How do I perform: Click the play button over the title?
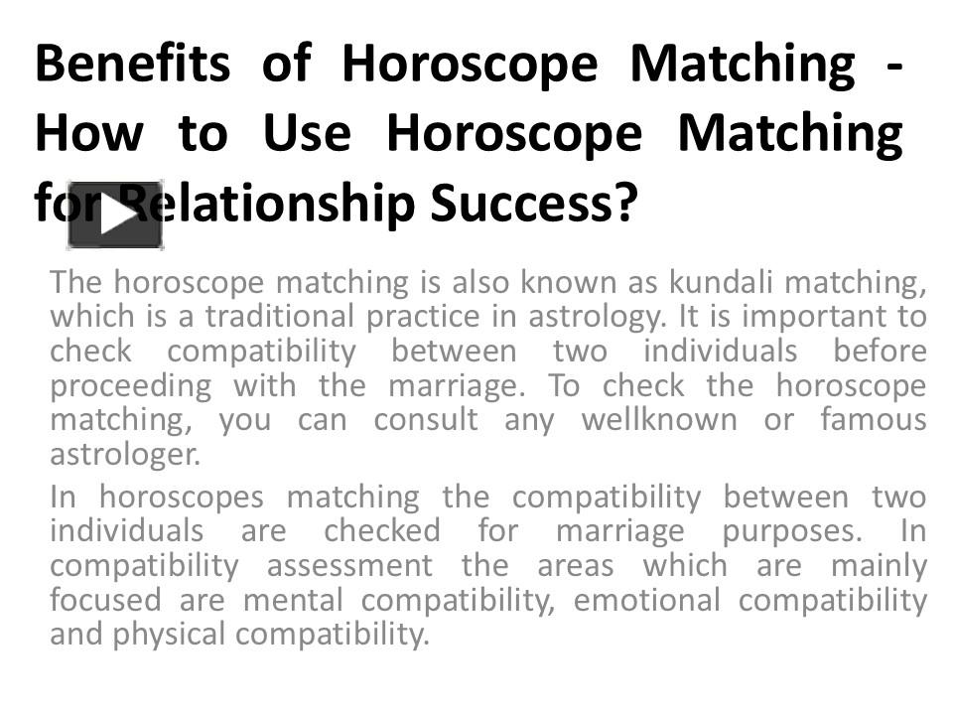click(115, 215)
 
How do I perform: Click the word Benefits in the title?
click(132, 65)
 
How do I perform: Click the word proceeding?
click(130, 386)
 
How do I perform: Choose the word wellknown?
click(658, 420)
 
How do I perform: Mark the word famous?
click(874, 420)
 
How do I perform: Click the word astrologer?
click(125, 455)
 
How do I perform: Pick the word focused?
click(106, 600)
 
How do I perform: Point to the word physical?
click(168, 634)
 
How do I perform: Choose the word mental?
click(294, 600)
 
